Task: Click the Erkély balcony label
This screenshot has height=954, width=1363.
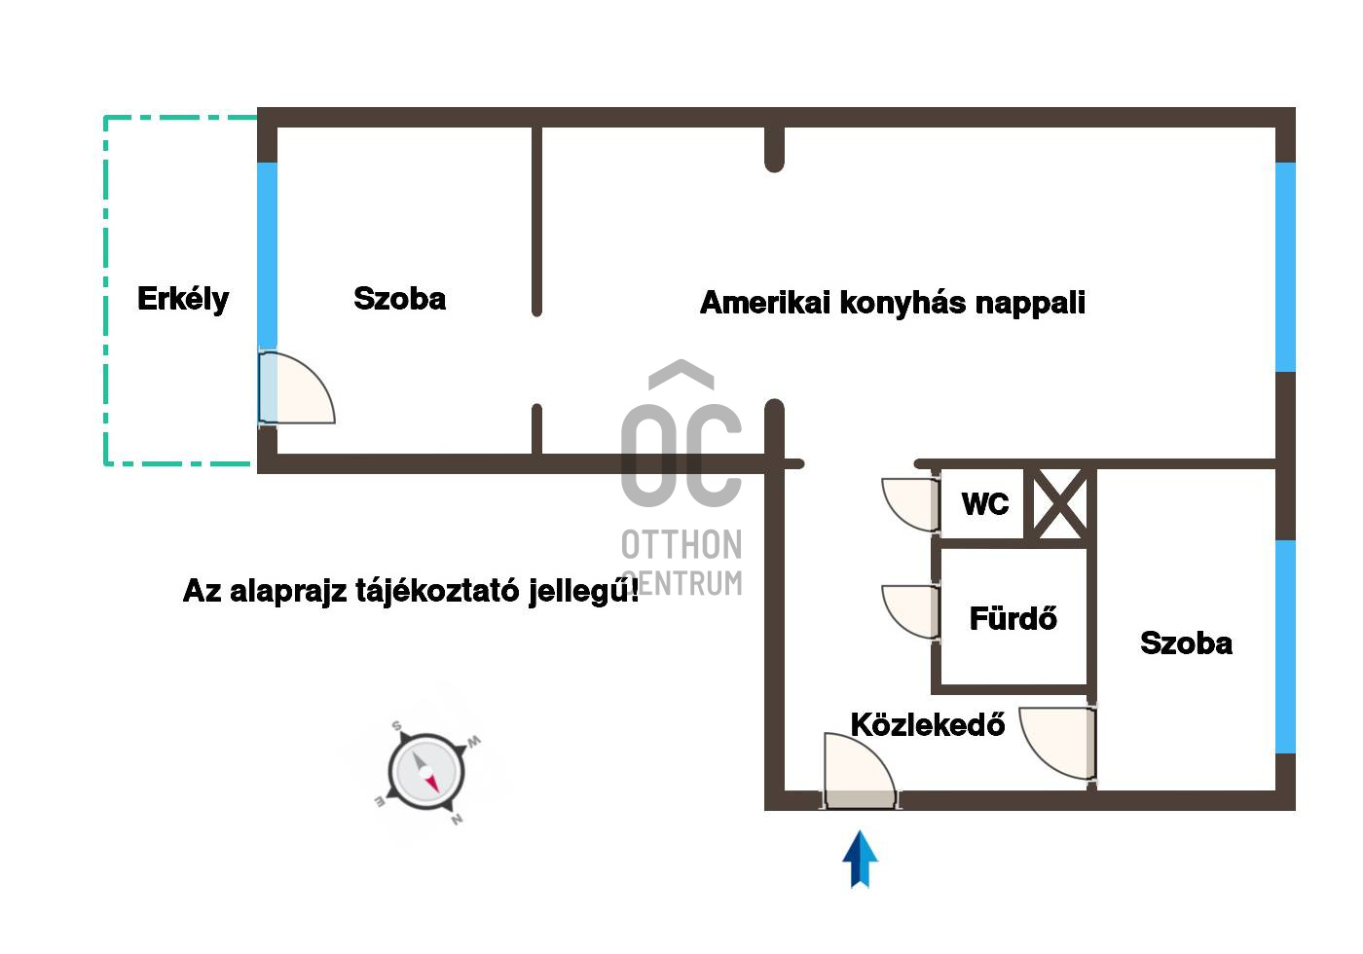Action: click(183, 300)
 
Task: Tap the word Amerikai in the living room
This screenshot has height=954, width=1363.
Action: click(765, 303)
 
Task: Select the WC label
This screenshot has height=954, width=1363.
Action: click(985, 504)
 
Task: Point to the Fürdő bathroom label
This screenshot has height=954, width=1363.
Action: click(1013, 617)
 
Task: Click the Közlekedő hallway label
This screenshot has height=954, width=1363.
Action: click(927, 724)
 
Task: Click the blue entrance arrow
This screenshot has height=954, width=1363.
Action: click(860, 859)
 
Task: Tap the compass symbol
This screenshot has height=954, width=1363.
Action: click(426, 771)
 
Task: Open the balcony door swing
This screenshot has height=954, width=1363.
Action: click(296, 387)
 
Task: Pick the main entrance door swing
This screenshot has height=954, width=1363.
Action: click(859, 770)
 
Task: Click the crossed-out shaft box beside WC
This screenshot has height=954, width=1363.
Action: click(1059, 504)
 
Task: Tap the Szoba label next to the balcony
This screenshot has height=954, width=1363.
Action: click(400, 299)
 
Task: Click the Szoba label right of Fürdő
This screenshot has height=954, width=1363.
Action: click(1187, 643)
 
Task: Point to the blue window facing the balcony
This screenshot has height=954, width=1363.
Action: click(267, 255)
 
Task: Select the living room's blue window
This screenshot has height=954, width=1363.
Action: click(1286, 267)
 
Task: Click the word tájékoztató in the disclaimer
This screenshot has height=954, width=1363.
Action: click(437, 592)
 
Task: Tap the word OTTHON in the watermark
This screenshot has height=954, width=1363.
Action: click(681, 544)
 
